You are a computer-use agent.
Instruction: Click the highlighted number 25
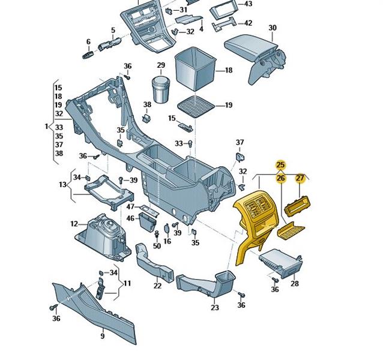tap(280, 165)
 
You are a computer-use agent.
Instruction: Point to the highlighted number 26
tap(280, 178)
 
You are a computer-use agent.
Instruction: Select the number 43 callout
tap(248, 4)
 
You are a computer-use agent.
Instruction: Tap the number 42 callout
tap(247, 23)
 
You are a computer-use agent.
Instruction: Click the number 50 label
tap(157, 246)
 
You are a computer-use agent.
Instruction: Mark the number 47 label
tap(130, 206)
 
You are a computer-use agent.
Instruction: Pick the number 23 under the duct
tap(215, 307)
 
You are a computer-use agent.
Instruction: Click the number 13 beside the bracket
tap(62, 185)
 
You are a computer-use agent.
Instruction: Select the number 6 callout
tap(88, 42)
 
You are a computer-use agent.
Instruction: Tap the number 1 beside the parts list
tap(46, 127)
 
